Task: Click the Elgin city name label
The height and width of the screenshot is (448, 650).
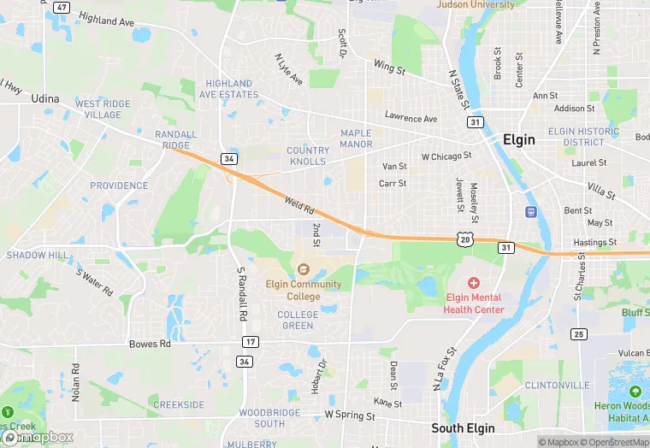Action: coord(519,140)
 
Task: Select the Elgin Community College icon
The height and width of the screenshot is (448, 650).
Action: coord(303,269)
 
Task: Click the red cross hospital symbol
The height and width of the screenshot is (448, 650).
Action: coord(474,282)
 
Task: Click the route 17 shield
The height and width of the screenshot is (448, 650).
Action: coord(250,342)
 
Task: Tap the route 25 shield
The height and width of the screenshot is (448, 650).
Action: coord(579,333)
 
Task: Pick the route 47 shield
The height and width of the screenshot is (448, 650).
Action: coord(61,7)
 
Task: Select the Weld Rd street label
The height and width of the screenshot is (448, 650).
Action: coord(300,205)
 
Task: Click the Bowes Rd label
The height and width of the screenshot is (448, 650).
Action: coord(150,344)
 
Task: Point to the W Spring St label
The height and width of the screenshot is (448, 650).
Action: coord(350,416)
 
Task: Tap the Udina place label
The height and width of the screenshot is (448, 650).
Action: coord(45,99)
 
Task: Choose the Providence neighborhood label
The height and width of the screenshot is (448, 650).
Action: coord(119,186)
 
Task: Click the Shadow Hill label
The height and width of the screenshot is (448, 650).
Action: coord(37,255)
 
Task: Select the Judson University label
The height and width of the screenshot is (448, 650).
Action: coord(476,4)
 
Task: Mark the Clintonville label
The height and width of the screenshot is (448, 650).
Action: coord(557,386)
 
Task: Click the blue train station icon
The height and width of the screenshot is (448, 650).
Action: coord(531,212)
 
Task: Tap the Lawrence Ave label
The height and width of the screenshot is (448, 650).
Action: coord(411,117)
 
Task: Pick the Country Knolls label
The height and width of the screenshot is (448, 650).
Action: coord(308,156)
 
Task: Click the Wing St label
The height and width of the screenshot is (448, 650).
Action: coord(388,67)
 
